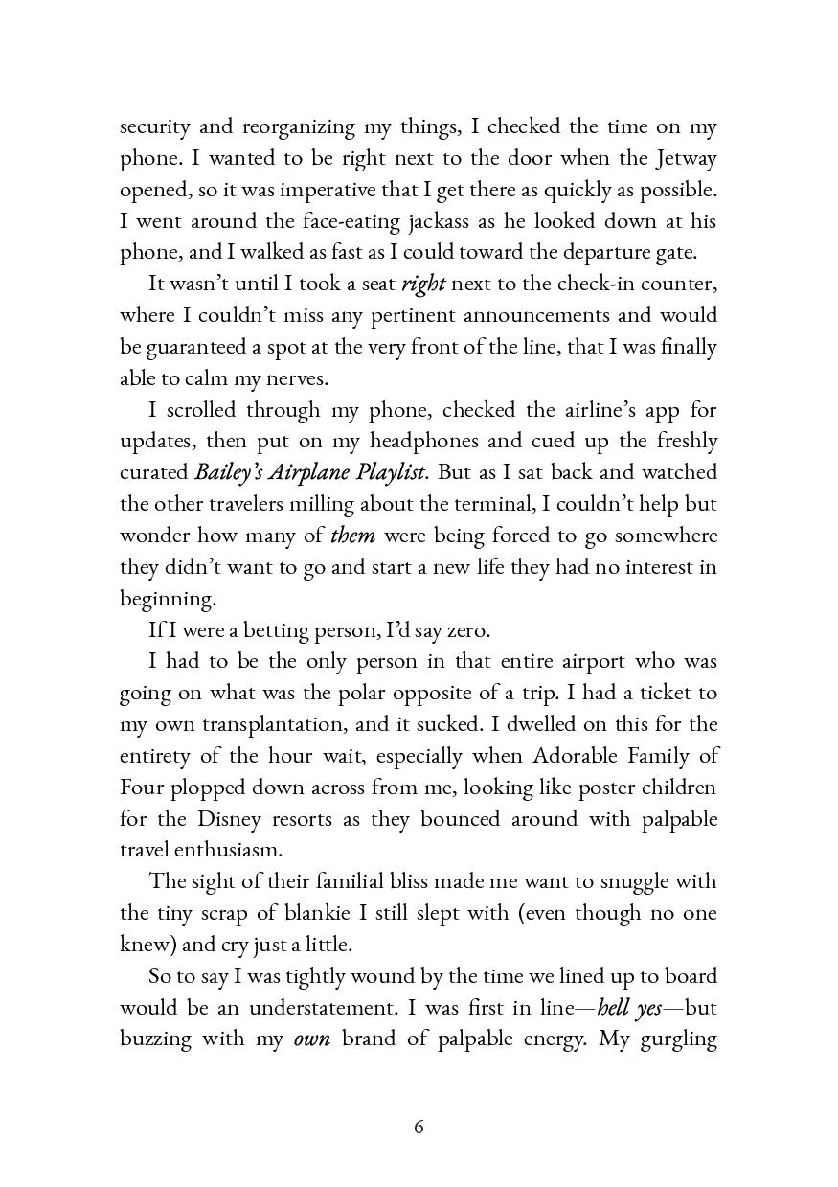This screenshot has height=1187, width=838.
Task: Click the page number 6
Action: [x=419, y=1128]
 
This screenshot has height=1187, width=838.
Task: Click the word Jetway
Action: [x=686, y=158]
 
